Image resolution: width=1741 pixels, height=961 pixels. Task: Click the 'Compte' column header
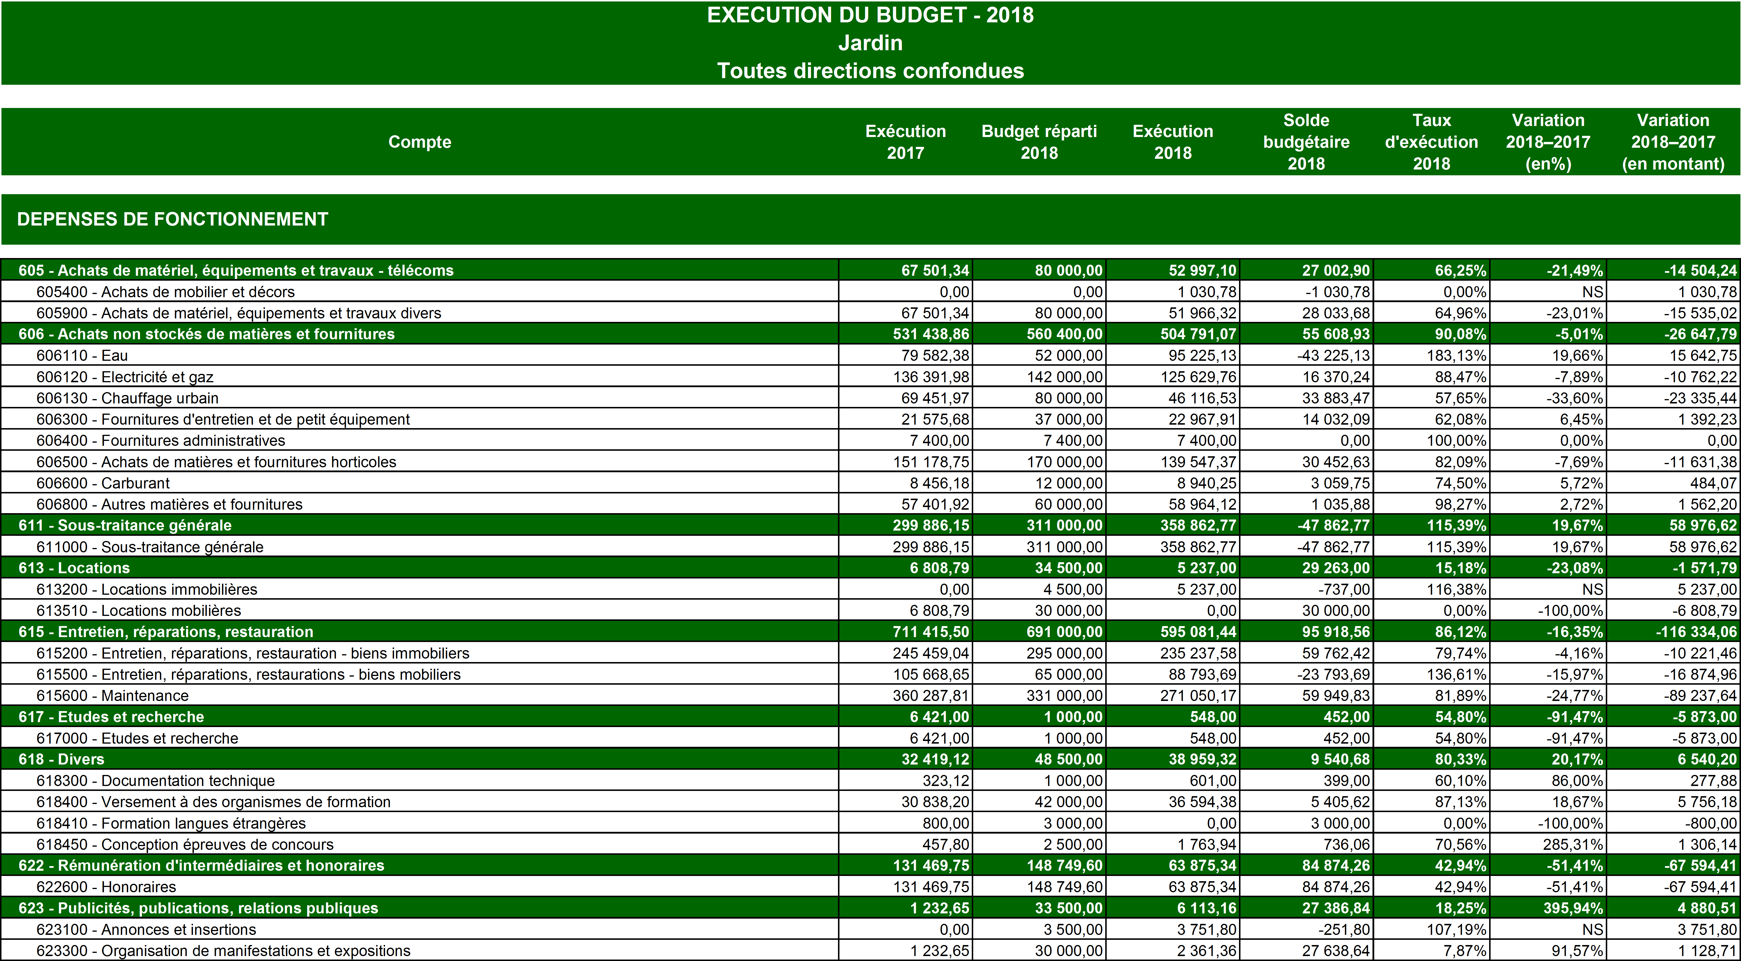(419, 142)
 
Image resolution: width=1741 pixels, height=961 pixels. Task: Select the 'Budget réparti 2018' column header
(1039, 142)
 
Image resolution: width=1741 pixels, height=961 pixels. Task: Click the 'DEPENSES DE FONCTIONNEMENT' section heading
(172, 219)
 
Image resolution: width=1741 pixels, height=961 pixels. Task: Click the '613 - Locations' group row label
(74, 568)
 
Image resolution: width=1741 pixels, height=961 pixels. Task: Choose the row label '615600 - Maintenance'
(112, 695)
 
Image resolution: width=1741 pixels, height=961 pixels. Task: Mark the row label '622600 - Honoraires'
(106, 887)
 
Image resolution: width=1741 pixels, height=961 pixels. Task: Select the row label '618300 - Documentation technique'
(156, 780)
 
